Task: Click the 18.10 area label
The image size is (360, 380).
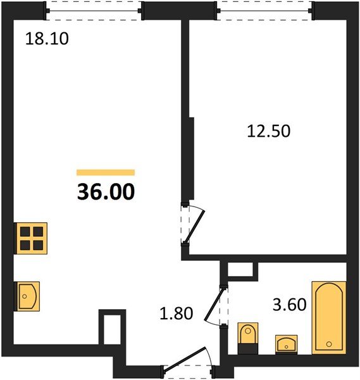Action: tap(47, 39)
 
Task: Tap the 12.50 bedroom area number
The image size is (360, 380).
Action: tap(268, 131)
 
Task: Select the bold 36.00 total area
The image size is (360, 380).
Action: tap(106, 192)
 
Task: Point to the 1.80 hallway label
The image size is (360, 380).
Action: tap(177, 313)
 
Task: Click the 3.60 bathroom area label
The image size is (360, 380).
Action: tap(290, 305)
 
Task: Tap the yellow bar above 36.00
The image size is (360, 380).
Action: tap(106, 172)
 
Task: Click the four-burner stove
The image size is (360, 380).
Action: tap(31, 238)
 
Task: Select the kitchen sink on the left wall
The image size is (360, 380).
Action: tap(27, 296)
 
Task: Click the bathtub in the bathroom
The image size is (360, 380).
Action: tap(329, 318)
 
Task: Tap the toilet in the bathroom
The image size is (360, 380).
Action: tap(247, 338)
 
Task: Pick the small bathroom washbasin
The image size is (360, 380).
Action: tap(286, 344)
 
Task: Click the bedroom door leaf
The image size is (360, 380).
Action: tap(195, 227)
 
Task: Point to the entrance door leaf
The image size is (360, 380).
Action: tap(185, 358)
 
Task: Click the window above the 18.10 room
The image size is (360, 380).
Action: tap(94, 11)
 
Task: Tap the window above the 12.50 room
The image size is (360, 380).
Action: tap(264, 11)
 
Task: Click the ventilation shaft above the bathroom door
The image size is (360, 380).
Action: tap(240, 269)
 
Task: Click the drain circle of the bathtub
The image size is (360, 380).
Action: tap(329, 344)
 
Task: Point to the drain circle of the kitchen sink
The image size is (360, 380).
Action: tap(25, 296)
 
